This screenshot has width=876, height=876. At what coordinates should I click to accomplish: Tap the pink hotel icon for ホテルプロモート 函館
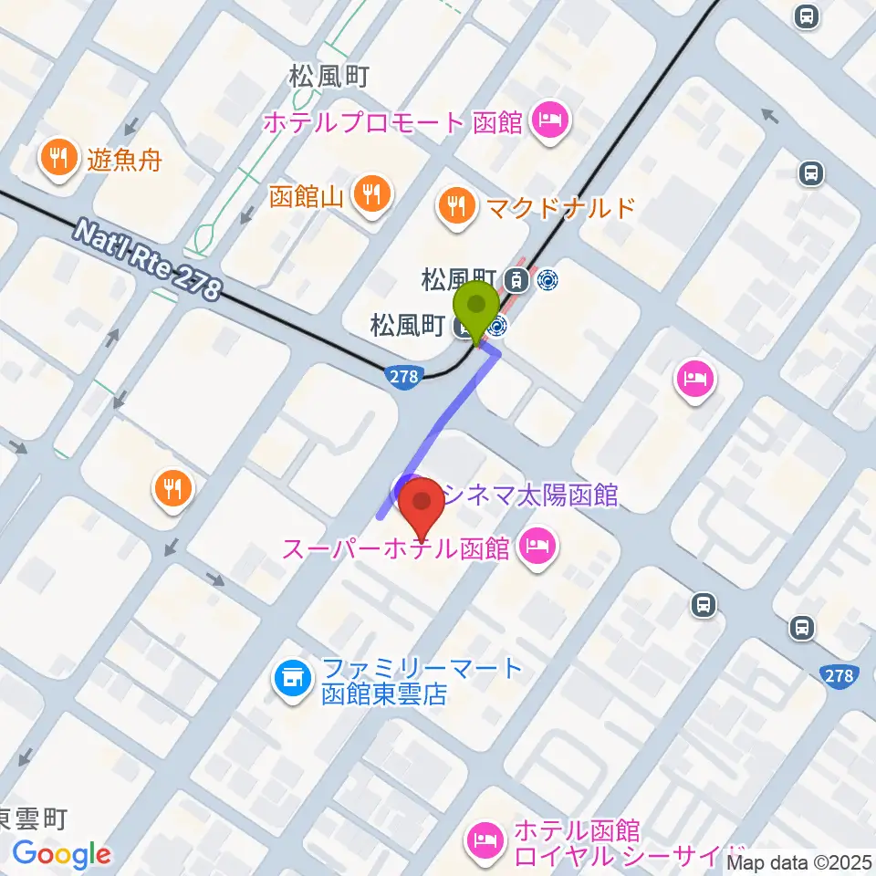click(550, 120)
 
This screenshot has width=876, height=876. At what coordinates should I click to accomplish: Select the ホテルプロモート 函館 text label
click(393, 121)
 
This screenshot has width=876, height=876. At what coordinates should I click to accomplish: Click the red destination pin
click(422, 512)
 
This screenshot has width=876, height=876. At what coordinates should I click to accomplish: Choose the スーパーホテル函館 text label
click(394, 550)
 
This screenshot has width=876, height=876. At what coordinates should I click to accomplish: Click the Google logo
click(61, 854)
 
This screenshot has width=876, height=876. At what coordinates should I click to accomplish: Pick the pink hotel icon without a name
click(694, 381)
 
